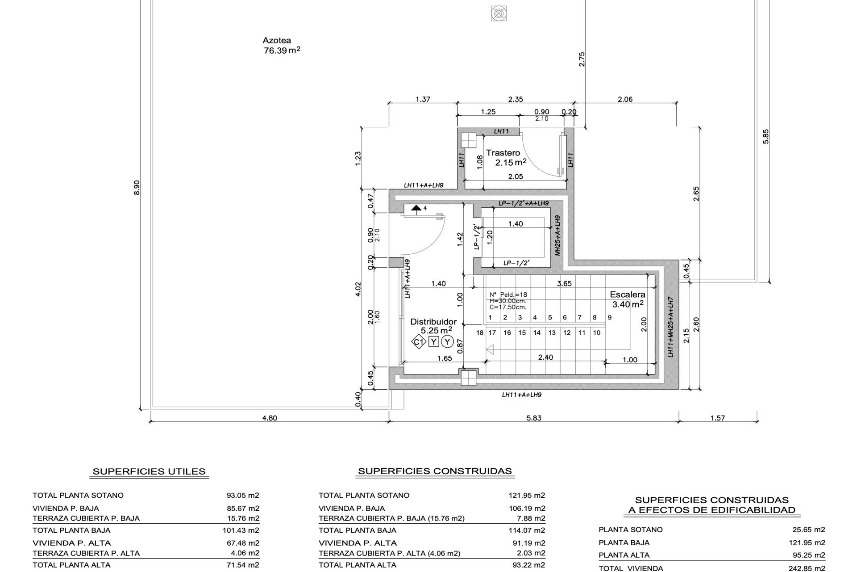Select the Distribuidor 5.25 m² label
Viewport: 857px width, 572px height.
click(433, 326)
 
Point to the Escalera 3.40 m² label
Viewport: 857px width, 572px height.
click(627, 299)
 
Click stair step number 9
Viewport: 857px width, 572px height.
click(609, 318)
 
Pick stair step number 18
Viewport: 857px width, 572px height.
click(480, 332)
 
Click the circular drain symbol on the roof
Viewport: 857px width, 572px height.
click(499, 13)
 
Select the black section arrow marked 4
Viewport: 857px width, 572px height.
click(416, 208)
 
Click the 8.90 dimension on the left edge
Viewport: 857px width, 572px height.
click(137, 187)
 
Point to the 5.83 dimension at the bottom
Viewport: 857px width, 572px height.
click(533, 418)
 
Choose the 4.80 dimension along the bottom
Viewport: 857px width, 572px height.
click(269, 418)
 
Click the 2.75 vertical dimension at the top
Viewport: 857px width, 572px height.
click(582, 59)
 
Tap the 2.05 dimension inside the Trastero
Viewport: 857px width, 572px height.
click(516, 177)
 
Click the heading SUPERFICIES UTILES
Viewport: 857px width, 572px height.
click(149, 471)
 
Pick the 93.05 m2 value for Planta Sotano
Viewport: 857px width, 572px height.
click(243, 495)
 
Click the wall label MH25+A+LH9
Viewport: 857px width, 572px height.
click(557, 235)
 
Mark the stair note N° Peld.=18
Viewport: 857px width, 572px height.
click(508, 294)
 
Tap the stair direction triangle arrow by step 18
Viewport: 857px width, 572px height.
click(490, 349)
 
